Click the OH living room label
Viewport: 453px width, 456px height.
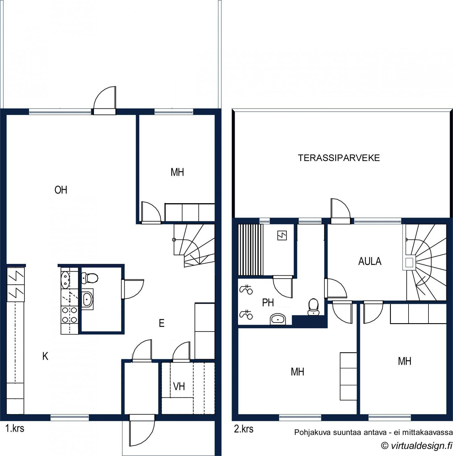(x=61, y=190)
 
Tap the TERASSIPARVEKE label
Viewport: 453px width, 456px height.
(x=339, y=158)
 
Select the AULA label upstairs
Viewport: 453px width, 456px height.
(x=370, y=261)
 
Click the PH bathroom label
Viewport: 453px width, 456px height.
(x=268, y=303)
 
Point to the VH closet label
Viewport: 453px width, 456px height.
(x=179, y=386)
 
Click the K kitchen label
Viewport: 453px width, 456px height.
(x=45, y=356)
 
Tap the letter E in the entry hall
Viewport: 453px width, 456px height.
(x=162, y=323)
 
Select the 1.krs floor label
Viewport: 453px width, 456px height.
(x=15, y=428)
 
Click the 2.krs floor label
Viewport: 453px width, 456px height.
(x=244, y=429)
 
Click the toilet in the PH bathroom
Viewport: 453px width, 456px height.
(x=314, y=307)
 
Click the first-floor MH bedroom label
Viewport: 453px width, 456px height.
(x=177, y=172)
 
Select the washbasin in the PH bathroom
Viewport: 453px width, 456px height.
(x=278, y=319)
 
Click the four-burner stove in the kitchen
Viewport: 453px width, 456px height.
(x=69, y=315)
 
